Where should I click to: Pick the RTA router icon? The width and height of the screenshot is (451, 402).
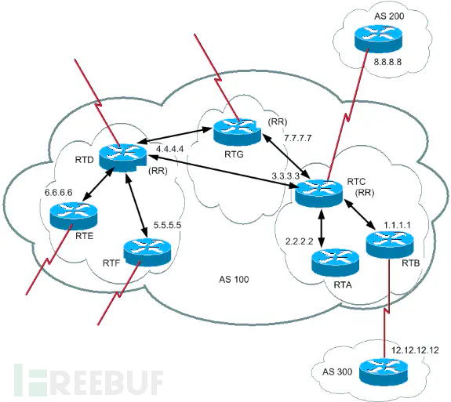click(332, 261)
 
